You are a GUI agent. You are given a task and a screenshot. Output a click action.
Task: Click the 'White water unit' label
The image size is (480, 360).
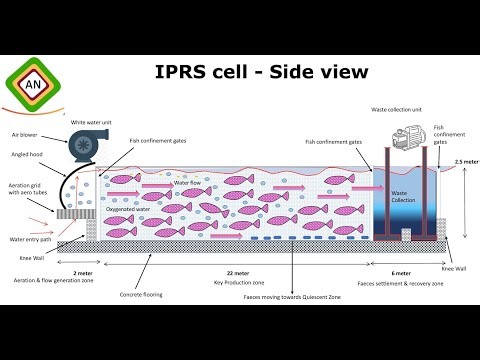(93, 122)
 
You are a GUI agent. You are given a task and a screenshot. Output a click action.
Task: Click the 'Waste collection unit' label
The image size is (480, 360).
(394, 107)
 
